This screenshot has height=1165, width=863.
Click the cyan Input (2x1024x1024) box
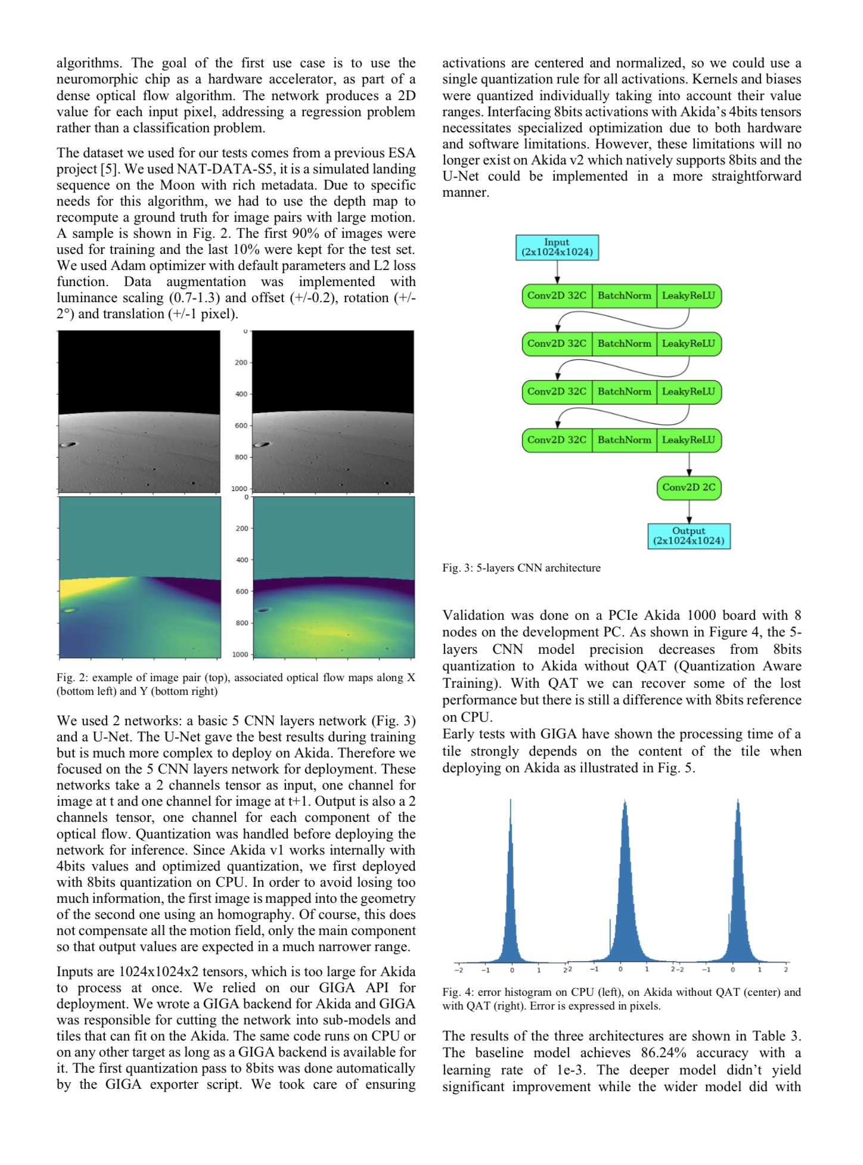[557, 247]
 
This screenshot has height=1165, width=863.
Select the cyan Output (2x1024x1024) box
[688, 536]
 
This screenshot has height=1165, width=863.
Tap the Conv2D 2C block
[688, 487]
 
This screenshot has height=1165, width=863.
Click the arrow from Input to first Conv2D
[557, 272]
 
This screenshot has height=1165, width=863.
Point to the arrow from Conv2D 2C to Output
[689, 511]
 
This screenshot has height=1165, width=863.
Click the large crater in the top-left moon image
[69, 445]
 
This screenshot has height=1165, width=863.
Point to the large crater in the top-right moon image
[262, 445]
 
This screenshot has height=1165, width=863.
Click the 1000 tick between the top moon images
[239, 489]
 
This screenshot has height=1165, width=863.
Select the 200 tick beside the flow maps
[241, 528]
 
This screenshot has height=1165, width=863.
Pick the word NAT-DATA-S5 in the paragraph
[226, 169]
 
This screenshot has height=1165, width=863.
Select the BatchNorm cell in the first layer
[624, 296]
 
